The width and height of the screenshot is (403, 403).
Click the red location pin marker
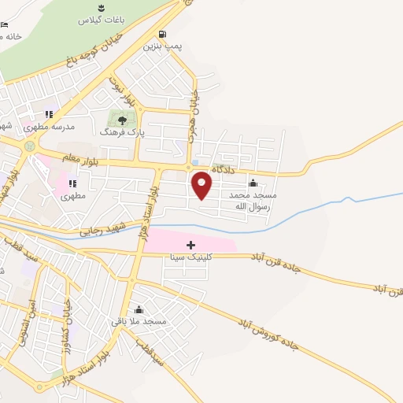click(x=202, y=186)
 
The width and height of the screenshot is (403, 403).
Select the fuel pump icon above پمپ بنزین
click(x=162, y=34)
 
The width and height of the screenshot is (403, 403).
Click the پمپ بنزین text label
click(x=162, y=46)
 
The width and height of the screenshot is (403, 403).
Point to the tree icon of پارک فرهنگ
click(x=121, y=120)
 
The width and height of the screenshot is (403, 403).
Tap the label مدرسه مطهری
click(x=48, y=126)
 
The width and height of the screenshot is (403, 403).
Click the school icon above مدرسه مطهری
click(x=49, y=114)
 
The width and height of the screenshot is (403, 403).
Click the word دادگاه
click(x=222, y=169)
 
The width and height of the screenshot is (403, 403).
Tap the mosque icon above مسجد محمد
click(x=253, y=183)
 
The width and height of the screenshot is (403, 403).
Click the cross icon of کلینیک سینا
click(x=190, y=246)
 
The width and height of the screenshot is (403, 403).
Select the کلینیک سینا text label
click(x=190, y=257)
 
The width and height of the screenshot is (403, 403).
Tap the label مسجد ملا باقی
click(x=139, y=321)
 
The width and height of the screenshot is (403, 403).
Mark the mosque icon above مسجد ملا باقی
click(x=139, y=309)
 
